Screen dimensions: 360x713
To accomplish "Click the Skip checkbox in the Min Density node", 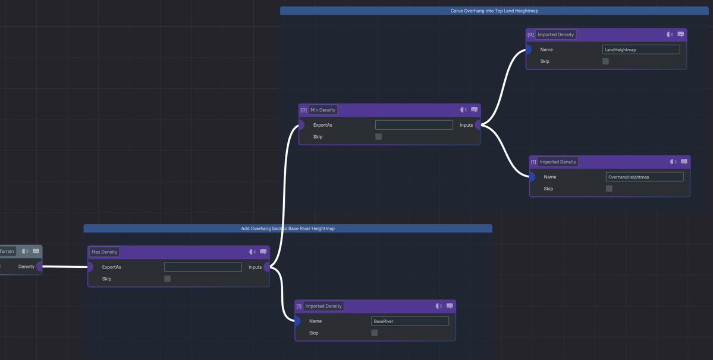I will click(x=378, y=137).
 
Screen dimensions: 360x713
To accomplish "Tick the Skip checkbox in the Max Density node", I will click(x=167, y=278).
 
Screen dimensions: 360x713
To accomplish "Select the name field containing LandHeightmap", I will click(x=640, y=50).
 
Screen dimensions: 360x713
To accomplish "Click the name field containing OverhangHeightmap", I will click(x=644, y=177).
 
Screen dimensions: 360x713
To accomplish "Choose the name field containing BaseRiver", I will click(x=410, y=321).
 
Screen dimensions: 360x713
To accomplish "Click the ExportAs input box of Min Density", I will click(x=414, y=125).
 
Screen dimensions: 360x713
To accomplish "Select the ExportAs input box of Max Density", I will click(x=203, y=267).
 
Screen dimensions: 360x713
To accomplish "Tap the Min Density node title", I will click(x=323, y=110).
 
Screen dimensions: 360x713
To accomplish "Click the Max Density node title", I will click(x=105, y=252).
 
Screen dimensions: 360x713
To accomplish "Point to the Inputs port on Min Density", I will click(x=478, y=125).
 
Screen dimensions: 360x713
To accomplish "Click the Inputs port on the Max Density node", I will click(x=267, y=267).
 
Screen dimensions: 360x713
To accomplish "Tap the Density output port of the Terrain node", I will click(x=39, y=267).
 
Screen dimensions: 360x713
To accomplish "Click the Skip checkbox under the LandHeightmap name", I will click(x=605, y=61).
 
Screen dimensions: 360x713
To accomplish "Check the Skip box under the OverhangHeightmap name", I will click(x=609, y=189).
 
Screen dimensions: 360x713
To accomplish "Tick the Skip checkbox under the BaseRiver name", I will click(x=375, y=333).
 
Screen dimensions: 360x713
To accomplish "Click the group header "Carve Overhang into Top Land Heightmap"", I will click(x=494, y=11).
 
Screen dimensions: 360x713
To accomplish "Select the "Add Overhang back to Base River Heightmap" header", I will click(x=288, y=228).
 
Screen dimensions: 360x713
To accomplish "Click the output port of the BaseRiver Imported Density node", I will click(x=297, y=321).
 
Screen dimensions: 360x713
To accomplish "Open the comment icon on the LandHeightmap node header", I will click(x=680, y=35).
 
